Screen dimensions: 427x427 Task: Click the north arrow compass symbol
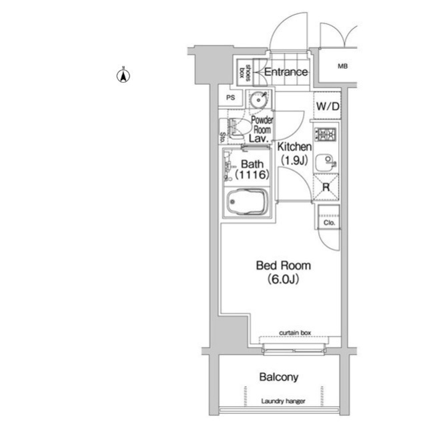coord(123,76)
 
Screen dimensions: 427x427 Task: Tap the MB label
coord(342,66)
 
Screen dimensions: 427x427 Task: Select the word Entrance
coord(286,72)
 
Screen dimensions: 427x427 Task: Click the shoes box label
coord(244,73)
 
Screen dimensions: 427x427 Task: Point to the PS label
coord(230,98)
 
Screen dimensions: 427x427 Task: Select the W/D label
coord(328,106)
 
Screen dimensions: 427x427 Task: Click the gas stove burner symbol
coord(326,134)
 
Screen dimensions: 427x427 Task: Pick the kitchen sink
coord(326,162)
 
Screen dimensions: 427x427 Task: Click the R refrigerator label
coord(326,187)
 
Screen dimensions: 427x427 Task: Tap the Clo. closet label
coord(329,223)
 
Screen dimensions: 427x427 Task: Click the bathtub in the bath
coord(247,202)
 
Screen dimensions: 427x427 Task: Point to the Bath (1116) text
coord(252,169)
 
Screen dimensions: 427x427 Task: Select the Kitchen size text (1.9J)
coord(294,160)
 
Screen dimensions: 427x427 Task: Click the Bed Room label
coord(284,265)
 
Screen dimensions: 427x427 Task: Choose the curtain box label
coord(295,333)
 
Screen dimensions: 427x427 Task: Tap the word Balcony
coord(279,377)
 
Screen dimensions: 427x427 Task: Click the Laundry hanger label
coord(283,401)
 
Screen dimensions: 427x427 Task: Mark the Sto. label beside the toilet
coord(222,138)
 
